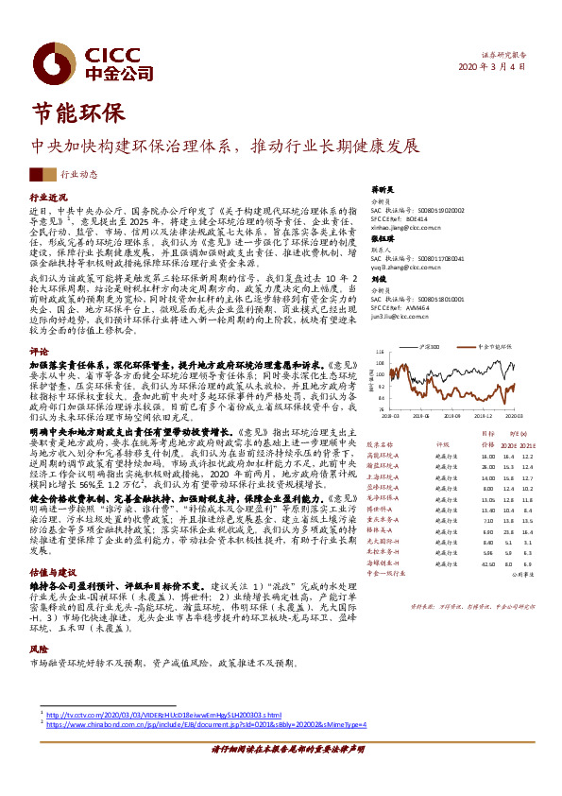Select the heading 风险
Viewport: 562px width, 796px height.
pyautogui.click(x=38, y=650)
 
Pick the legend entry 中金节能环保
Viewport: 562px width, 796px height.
pyautogui.click(x=489, y=348)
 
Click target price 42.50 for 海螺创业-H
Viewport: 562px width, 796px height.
pyautogui.click(x=462, y=562)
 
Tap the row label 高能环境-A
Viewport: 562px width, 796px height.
pyautogui.click(x=383, y=457)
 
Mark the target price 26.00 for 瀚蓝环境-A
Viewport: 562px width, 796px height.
pyautogui.click(x=462, y=467)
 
